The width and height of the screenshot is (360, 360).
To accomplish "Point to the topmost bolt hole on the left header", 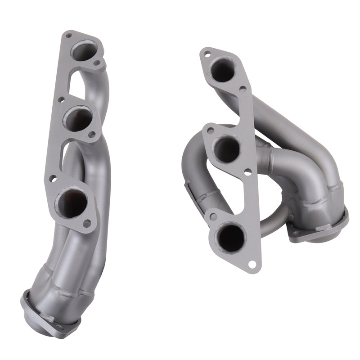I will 68,34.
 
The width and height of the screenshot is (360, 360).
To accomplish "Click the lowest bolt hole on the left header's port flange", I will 87,223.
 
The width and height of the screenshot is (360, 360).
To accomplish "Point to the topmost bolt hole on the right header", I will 207,54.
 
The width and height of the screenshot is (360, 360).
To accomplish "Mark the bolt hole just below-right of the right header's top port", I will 243,89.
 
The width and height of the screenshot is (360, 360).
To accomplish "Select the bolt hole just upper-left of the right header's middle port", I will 210,130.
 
